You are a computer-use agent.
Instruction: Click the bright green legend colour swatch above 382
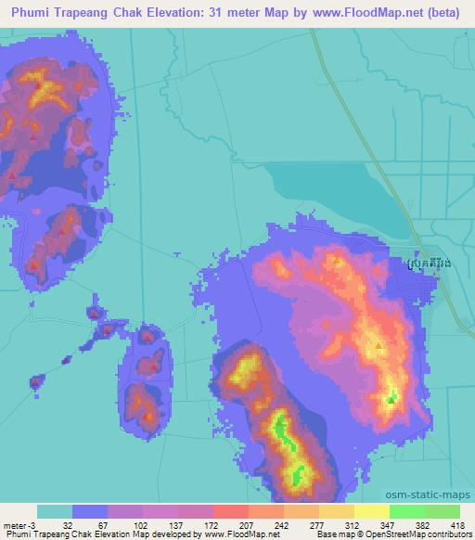pos(406,511)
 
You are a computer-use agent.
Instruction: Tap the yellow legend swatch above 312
pos(371,511)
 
